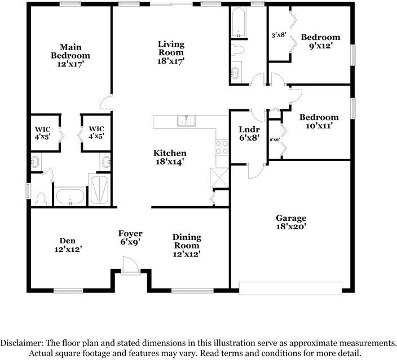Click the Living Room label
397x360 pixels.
(171, 52)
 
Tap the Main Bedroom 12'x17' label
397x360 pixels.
(70, 55)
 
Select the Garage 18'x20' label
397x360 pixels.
(290, 223)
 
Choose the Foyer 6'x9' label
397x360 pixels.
(130, 237)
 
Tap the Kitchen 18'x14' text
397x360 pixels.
(170, 157)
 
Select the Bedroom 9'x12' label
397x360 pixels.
(320, 42)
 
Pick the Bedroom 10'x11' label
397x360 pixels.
(319, 122)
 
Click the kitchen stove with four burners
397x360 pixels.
(221, 147)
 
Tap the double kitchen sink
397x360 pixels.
(186, 121)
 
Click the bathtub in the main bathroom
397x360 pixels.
(69, 197)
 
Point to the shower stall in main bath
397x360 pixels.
(100, 189)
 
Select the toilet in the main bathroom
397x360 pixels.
(41, 198)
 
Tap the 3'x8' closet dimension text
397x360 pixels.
(279, 35)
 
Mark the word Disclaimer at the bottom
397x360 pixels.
(23, 343)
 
